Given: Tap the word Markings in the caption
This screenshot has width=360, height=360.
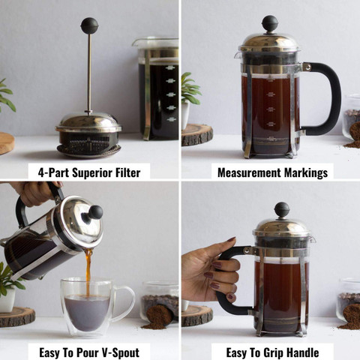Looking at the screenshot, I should click(x=304, y=172).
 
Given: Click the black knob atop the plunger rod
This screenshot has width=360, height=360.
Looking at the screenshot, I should click(x=89, y=25).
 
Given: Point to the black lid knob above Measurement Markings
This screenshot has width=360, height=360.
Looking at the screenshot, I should click(x=270, y=23).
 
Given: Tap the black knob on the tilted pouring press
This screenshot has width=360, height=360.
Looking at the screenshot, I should click(x=95, y=212).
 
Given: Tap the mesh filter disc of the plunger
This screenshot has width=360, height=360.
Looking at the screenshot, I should click(x=88, y=140).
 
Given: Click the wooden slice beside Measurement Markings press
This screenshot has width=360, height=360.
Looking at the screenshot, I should click(x=196, y=134).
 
